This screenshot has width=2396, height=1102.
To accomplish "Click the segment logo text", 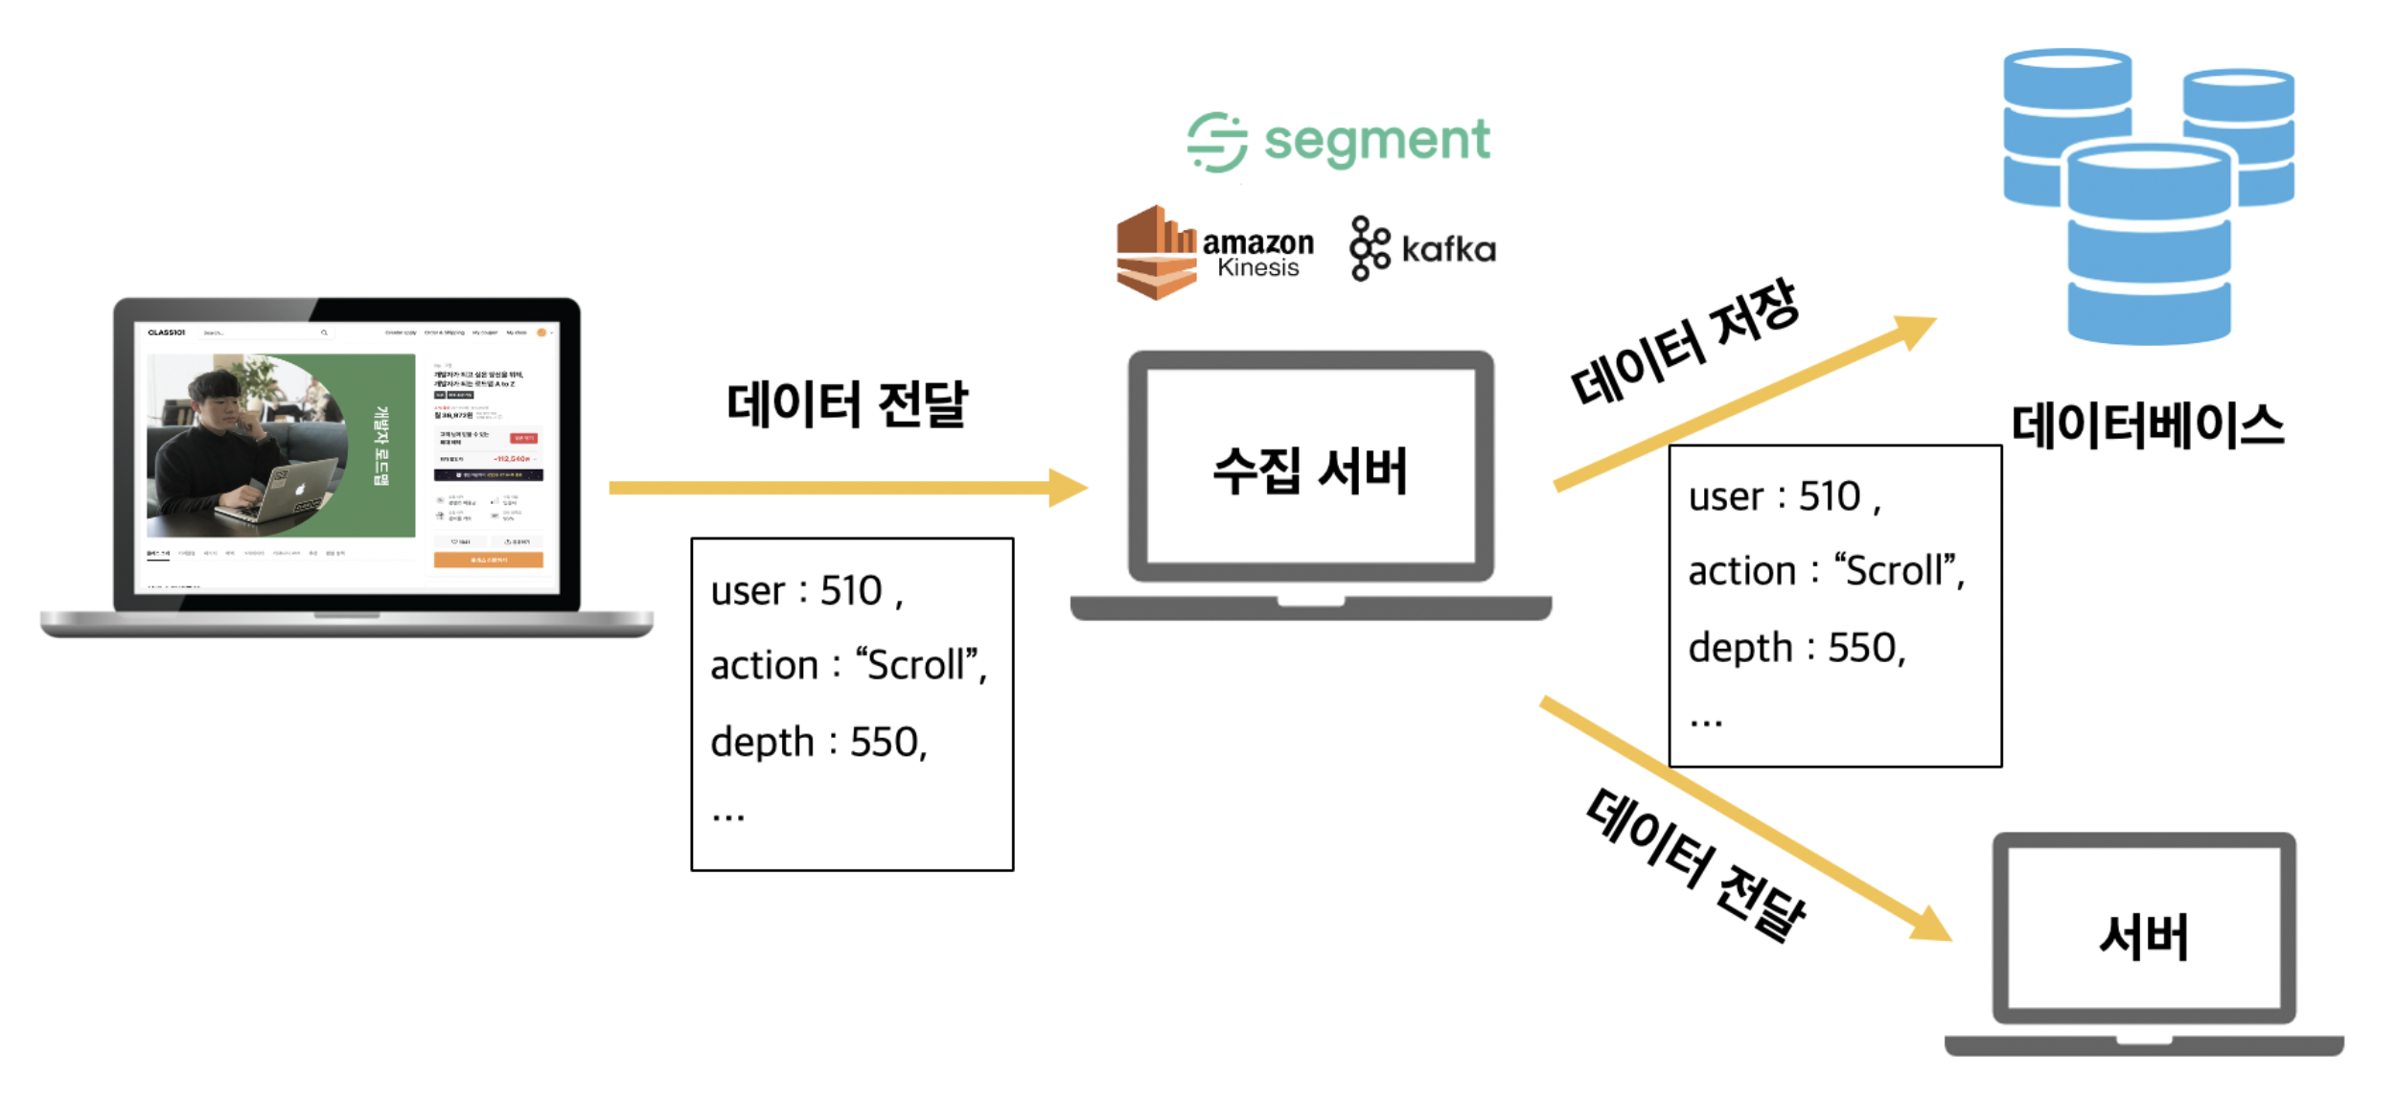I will coord(1376,141).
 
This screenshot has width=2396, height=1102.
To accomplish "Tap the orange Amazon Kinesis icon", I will coord(1156,252).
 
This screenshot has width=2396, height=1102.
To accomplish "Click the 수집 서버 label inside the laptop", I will coord(1309,471).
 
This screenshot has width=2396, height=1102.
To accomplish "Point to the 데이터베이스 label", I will coord(2147,425).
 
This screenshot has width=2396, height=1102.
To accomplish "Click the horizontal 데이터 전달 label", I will coord(846,403).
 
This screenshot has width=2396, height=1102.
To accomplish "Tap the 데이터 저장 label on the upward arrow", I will coord(1684,342).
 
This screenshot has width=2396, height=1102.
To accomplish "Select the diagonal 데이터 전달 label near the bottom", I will coord(1695,864).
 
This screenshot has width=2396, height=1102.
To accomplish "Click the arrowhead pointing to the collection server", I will coord(1068,488).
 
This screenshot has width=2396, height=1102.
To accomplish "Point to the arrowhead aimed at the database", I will coord(1913,331).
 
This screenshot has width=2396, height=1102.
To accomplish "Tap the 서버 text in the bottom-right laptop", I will coord(2144,936).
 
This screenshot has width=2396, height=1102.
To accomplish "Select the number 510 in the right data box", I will coord(1829,496).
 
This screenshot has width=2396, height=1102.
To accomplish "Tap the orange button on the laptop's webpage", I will coord(488,560).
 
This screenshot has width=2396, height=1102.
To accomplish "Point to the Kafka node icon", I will coord(1369,248).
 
